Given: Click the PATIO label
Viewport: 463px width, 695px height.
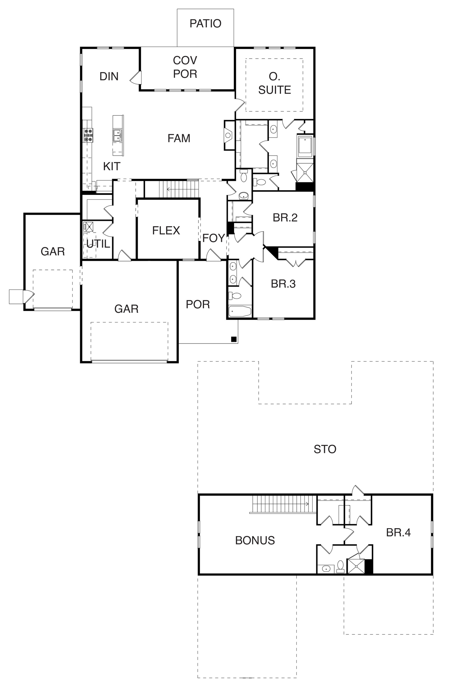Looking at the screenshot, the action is pos(205,24).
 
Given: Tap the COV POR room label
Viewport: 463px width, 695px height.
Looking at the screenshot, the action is pos(185,67).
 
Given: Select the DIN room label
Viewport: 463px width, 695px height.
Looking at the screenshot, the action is pos(109,76).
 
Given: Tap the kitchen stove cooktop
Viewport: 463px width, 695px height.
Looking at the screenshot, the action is pos(88,135).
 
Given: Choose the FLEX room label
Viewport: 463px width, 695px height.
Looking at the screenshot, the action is pos(166,231).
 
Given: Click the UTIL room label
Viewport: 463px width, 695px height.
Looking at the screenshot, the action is pos(98,244).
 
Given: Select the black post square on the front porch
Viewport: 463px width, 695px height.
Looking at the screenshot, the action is pos(234,339).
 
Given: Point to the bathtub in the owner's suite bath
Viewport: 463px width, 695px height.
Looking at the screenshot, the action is pos(305,147).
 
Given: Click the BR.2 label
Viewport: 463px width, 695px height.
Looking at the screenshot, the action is pos(285,218).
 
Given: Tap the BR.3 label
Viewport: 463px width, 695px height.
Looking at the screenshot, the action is pos(283,284).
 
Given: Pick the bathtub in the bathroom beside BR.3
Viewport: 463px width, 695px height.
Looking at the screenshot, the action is pos(240,312).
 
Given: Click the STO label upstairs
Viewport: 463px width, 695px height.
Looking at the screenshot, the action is pos(325,449).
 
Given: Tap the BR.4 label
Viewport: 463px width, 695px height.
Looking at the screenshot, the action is pos(398,533).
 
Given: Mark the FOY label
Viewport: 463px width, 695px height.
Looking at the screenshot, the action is pos(214,238).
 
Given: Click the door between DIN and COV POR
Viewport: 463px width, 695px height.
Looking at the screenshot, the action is pos(136,77).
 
